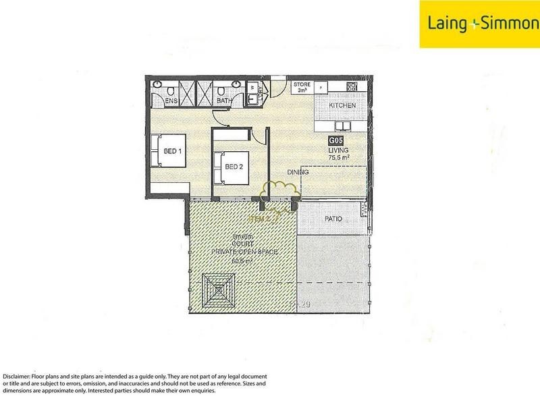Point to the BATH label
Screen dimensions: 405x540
[223, 101]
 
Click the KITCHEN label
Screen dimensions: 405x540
[342, 107]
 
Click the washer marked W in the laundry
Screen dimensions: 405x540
[252, 87]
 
